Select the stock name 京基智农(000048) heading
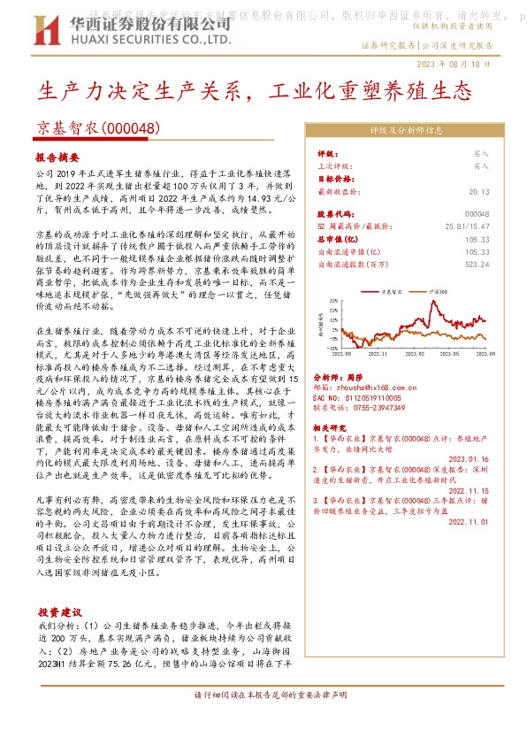click(x=96, y=128)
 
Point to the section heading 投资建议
click(x=60, y=611)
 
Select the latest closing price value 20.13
click(x=478, y=190)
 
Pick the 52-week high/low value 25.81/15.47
click(x=465, y=227)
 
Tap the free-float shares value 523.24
click(x=477, y=264)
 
